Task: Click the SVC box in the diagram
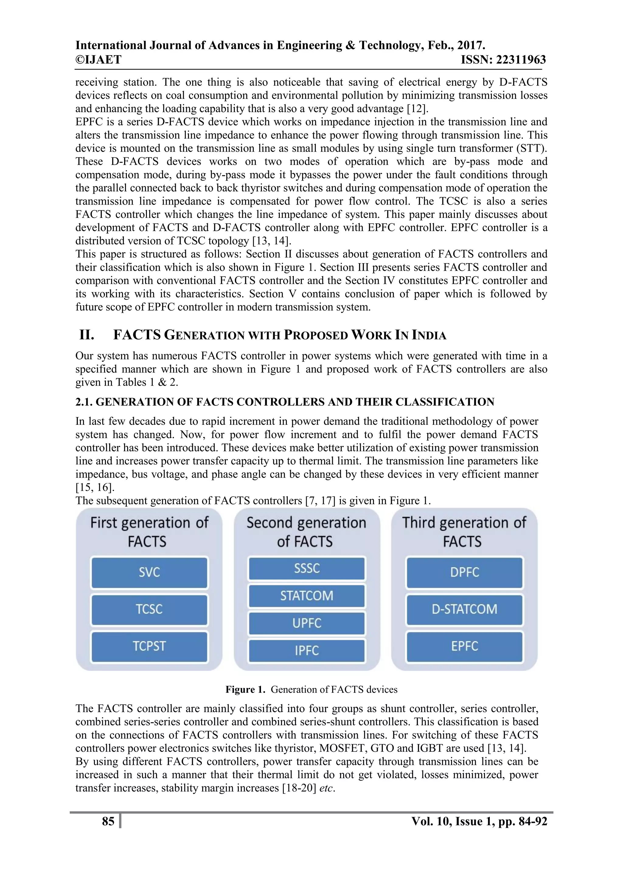[x=149, y=572]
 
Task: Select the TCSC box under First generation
[x=149, y=609]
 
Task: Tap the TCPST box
[x=149, y=646]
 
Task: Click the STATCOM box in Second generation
[x=307, y=596]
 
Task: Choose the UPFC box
[x=307, y=623]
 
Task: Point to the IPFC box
[x=307, y=650]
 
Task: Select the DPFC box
[x=465, y=572]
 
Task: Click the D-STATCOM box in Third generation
[x=465, y=609]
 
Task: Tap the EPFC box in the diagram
[x=465, y=646]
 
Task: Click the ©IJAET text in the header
[x=98, y=60]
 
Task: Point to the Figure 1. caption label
[x=245, y=689]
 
